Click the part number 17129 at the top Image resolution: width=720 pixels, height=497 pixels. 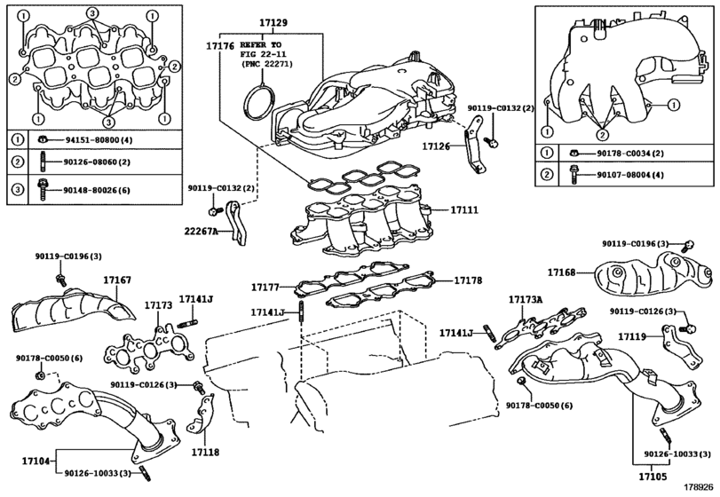coord(273,22)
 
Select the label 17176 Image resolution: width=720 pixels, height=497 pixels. coord(220,46)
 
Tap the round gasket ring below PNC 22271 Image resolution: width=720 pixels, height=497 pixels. coord(259,103)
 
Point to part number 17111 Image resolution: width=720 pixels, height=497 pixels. coord(464,210)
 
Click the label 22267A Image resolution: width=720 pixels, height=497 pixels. coord(201,232)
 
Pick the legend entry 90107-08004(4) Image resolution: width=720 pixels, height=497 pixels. coord(630,175)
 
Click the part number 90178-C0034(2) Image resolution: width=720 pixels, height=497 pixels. coord(630,154)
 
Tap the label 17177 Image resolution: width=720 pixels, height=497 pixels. coord(265,288)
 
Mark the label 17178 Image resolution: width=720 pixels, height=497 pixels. coord(469,280)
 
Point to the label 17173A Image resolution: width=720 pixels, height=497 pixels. coord(526,300)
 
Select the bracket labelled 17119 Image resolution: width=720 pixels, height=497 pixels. coord(681,346)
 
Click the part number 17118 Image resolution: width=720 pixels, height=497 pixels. coord(205,453)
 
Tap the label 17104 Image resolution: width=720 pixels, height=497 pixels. coord(36,461)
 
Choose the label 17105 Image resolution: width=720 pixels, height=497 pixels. coord(653,477)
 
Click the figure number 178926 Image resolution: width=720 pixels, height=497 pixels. coord(700,487)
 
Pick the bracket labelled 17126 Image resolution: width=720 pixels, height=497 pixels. coord(475,146)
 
